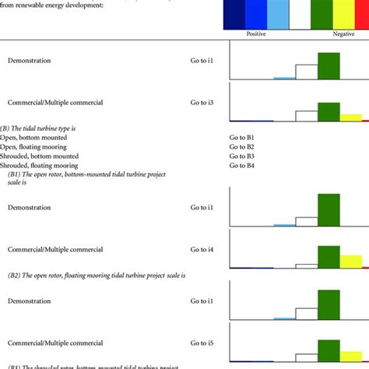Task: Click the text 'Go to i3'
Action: [x=205, y=102]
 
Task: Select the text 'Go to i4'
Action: [x=205, y=250]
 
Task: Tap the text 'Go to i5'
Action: [x=205, y=343]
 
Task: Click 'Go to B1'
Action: [x=242, y=137]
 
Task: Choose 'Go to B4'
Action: [x=242, y=165]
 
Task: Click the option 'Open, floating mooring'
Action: [x=33, y=146]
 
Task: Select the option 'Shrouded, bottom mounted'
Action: [x=38, y=156]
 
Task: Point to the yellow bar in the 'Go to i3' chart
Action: [x=351, y=118]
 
